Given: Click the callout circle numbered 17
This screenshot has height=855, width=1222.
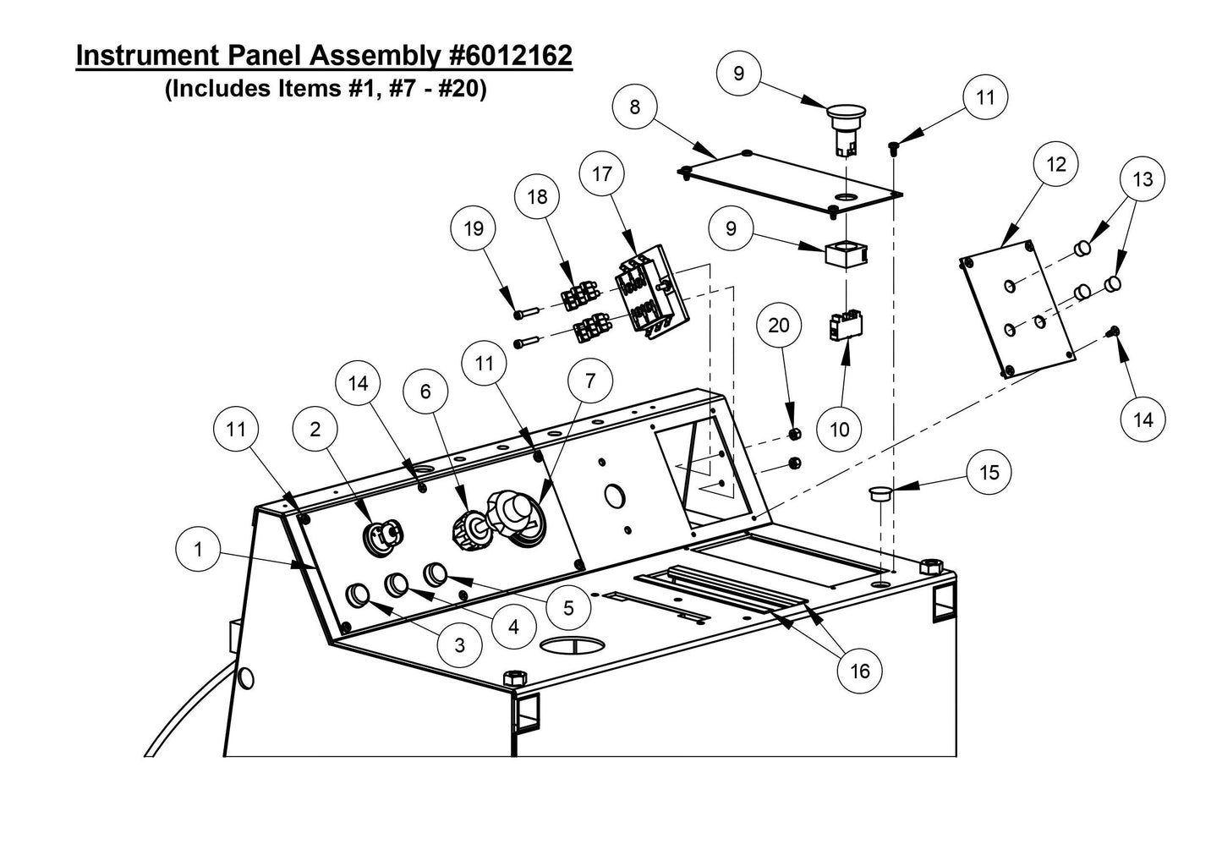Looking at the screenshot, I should click(602, 174).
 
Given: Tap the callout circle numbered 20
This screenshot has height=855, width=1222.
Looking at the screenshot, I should click(779, 326).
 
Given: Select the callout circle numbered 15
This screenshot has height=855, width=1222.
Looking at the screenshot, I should click(989, 471).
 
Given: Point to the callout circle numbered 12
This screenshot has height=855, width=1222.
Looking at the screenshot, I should click(1056, 164).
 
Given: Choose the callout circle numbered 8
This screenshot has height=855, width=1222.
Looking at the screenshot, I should click(635, 107).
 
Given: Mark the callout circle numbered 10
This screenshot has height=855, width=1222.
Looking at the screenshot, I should click(839, 430).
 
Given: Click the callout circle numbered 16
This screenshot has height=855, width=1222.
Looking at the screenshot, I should click(859, 671).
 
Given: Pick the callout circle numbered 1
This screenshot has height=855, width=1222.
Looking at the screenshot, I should click(198, 550).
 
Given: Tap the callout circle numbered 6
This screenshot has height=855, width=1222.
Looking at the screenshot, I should click(425, 391).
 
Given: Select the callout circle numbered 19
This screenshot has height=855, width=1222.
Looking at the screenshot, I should click(474, 228).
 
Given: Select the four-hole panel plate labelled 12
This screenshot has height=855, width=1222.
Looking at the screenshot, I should click(1018, 310).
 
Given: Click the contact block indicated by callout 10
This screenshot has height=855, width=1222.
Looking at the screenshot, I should click(846, 326).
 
